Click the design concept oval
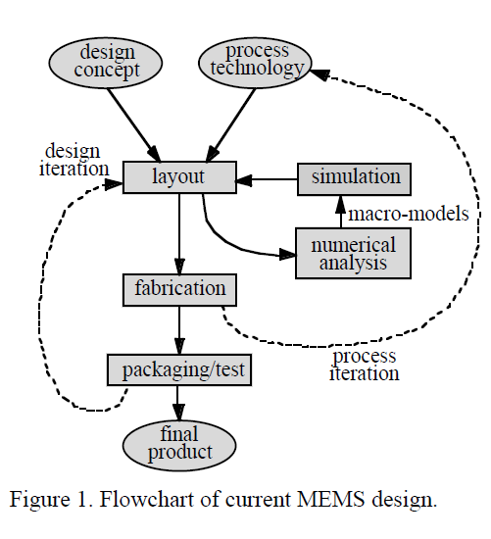(108, 61)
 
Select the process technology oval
(258, 61)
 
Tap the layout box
(179, 177)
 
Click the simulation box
(356, 177)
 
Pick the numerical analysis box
(353, 253)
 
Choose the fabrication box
(179, 289)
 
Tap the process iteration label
(365, 364)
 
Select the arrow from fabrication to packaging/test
(179, 329)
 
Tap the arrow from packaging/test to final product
(179, 402)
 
